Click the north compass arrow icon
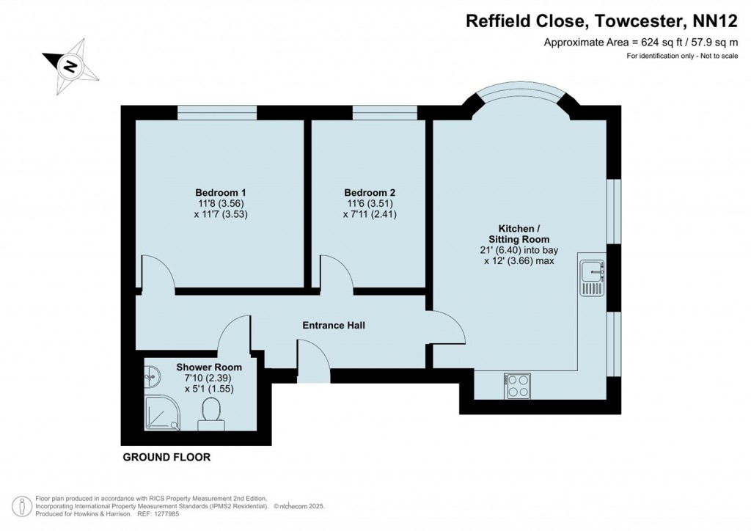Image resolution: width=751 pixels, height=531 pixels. (70, 67)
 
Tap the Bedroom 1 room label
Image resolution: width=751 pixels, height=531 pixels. (217, 193)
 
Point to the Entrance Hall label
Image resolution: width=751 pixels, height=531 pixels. (334, 325)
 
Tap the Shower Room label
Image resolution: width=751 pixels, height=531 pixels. (205, 367)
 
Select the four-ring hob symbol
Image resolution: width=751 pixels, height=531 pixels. (518, 386)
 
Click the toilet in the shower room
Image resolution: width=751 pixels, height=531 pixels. (210, 412)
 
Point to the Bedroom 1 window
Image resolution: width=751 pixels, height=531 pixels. (217, 112)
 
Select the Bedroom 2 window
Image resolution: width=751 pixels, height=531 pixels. (385, 112)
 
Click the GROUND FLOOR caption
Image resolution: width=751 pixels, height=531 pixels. (166, 457)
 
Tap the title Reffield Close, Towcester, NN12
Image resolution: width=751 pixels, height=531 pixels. (601, 21)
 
